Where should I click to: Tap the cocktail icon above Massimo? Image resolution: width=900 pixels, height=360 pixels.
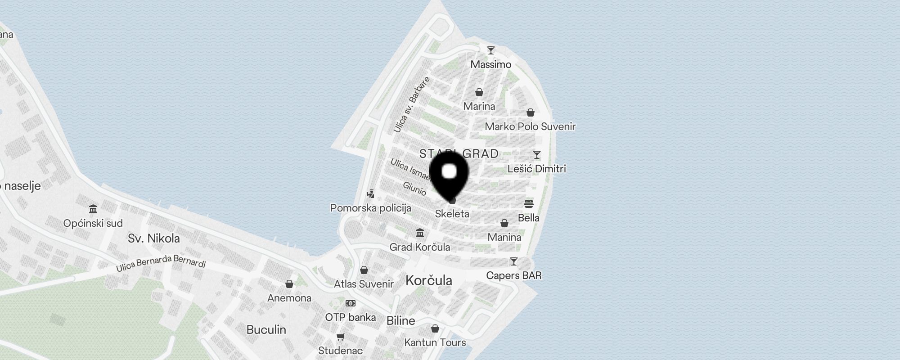pos(491,50)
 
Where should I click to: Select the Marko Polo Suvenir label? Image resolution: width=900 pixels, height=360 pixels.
pos(530,126)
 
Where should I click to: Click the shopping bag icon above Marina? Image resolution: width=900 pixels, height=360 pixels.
pos(479,92)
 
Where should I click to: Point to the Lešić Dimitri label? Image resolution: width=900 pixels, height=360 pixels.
pos(536,169)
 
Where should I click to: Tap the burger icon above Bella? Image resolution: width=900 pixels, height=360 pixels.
pos(529,203)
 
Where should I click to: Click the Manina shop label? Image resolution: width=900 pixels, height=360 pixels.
pos(504,237)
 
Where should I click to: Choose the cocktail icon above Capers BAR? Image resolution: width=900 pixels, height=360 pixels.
pos(513,261)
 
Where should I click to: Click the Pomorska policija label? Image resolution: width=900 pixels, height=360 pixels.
pos(371,208)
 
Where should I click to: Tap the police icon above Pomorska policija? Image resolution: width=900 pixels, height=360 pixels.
pos(370,194)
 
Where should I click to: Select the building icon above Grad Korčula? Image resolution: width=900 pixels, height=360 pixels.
pos(420,233)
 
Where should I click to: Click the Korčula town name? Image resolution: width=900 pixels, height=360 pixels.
pos(429,280)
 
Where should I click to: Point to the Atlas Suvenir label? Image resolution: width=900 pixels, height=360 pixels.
pos(364,284)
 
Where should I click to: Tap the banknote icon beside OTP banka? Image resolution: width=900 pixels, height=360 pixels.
pos(351,303)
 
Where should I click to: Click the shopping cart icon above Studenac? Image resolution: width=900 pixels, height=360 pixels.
pos(341,337)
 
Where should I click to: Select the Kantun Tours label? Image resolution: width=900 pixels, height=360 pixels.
pos(435,342)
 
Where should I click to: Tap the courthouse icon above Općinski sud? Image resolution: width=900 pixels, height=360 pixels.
pos(93,209)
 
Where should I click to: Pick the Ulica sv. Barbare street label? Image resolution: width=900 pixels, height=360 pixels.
pos(411,104)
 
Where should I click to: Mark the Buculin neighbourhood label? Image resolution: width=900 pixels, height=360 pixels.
pos(266,329)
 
